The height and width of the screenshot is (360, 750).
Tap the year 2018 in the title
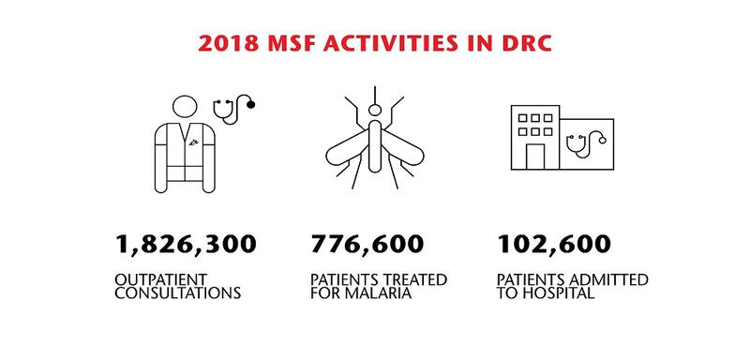(x=228, y=43)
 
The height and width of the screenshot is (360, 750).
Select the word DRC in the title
(x=525, y=43)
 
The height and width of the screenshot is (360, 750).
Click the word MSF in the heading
(x=291, y=43)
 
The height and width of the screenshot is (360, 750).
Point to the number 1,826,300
(x=186, y=245)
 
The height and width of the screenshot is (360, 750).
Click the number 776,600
(x=367, y=244)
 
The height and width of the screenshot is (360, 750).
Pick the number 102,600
(x=554, y=244)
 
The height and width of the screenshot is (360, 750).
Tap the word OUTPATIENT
(x=160, y=279)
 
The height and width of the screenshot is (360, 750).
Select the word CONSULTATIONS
(x=177, y=293)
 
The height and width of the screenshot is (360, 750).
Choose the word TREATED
(x=416, y=279)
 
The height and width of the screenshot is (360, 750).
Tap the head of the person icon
(x=185, y=107)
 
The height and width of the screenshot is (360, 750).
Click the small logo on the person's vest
(x=193, y=142)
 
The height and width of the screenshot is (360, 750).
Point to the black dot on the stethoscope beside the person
(x=250, y=104)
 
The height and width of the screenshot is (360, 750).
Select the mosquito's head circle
(x=375, y=111)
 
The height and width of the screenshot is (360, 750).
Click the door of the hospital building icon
(x=535, y=157)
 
